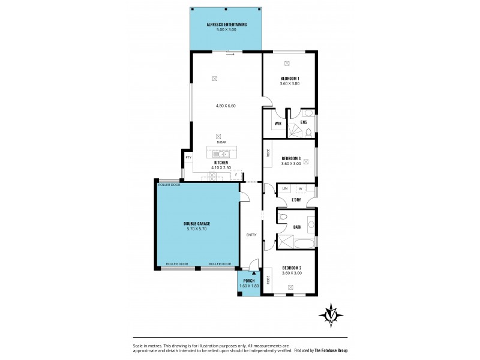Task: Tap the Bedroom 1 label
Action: (290, 79)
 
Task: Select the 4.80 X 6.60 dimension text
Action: (226, 106)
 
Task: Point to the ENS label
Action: (304, 122)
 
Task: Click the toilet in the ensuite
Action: (307, 113)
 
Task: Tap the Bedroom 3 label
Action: (290, 159)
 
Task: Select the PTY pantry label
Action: (188, 157)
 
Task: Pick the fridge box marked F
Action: (236, 175)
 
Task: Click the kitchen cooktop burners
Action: (212, 176)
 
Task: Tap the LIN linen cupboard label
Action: (285, 188)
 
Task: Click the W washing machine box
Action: (300, 188)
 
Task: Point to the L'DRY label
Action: (296, 199)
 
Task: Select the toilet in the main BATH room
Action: (283, 217)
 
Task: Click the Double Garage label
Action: (196, 223)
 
